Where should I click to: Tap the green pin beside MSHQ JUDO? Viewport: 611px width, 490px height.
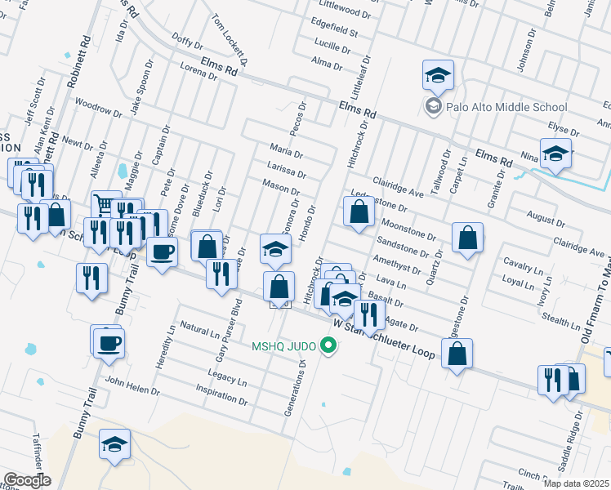tap(329, 346)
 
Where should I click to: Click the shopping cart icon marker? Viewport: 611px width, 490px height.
tap(105, 204)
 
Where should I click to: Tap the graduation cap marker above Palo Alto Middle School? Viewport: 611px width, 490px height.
tap(439, 76)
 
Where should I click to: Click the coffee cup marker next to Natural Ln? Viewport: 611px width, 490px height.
tap(107, 341)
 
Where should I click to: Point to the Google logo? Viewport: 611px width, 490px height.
tap(26, 480)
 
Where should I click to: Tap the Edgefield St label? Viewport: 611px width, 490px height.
tap(335, 32)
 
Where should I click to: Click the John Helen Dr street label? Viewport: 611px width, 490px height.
tap(132, 385)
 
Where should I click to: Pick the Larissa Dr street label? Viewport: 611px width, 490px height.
tap(286, 168)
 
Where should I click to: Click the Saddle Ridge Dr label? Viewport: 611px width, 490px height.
tap(571, 447)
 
